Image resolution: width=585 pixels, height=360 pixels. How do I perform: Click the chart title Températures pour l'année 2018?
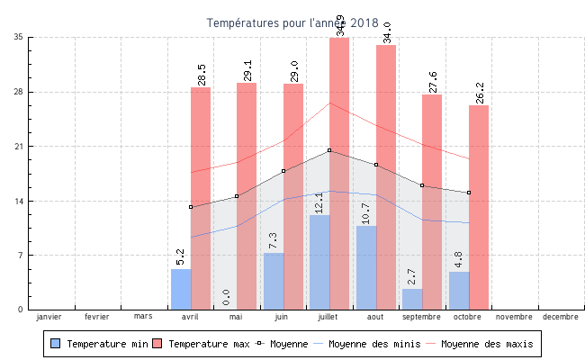292,22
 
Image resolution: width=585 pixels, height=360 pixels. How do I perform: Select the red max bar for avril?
201,198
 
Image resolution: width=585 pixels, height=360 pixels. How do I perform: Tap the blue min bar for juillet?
319,262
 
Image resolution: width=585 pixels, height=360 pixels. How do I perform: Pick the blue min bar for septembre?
412,299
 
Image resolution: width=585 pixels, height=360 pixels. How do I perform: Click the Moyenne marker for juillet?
329,150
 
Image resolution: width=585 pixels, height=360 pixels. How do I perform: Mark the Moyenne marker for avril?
191,207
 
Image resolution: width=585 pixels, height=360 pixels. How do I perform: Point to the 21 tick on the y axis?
19,147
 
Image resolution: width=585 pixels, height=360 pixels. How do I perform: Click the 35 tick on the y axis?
19,38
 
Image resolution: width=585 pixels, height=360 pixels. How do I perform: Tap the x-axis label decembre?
561,317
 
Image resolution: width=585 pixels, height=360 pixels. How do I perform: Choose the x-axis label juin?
282,317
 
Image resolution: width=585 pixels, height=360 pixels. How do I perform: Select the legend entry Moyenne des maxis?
486,344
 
